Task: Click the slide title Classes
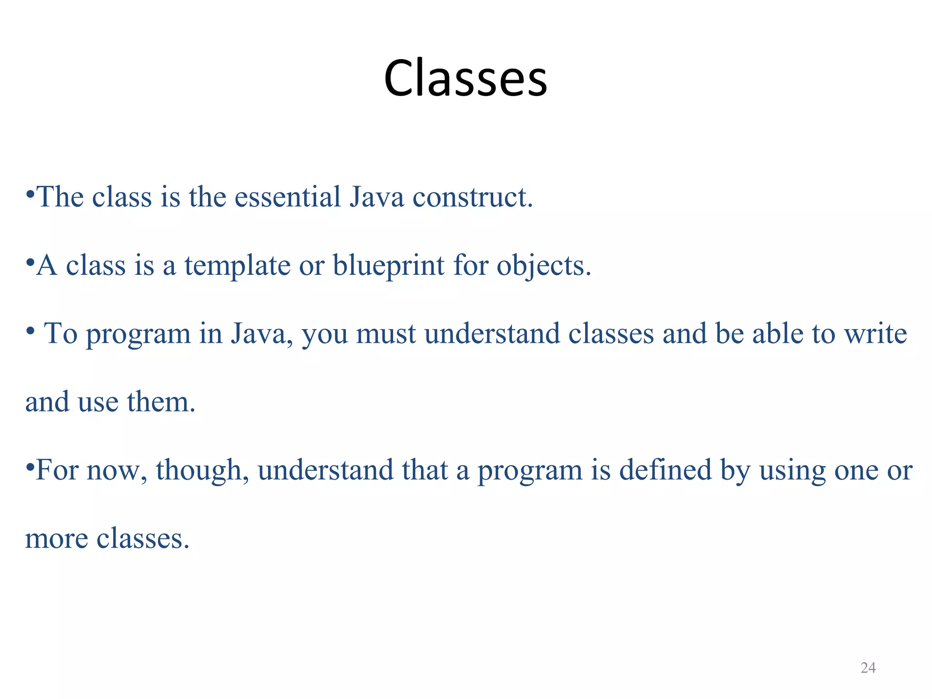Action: pyautogui.click(x=465, y=78)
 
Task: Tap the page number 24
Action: pyautogui.click(x=868, y=668)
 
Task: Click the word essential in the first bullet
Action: pyautogui.click(x=287, y=197)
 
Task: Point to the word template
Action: pyautogui.click(x=237, y=266)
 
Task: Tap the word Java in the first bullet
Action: pyautogui.click(x=376, y=197)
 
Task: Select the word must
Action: pyautogui.click(x=386, y=334)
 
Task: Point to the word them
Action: pyautogui.click(x=161, y=402)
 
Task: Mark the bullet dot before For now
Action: pyautogui.click(x=30, y=467)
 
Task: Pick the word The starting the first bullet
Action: pyautogui.click(x=60, y=197)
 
